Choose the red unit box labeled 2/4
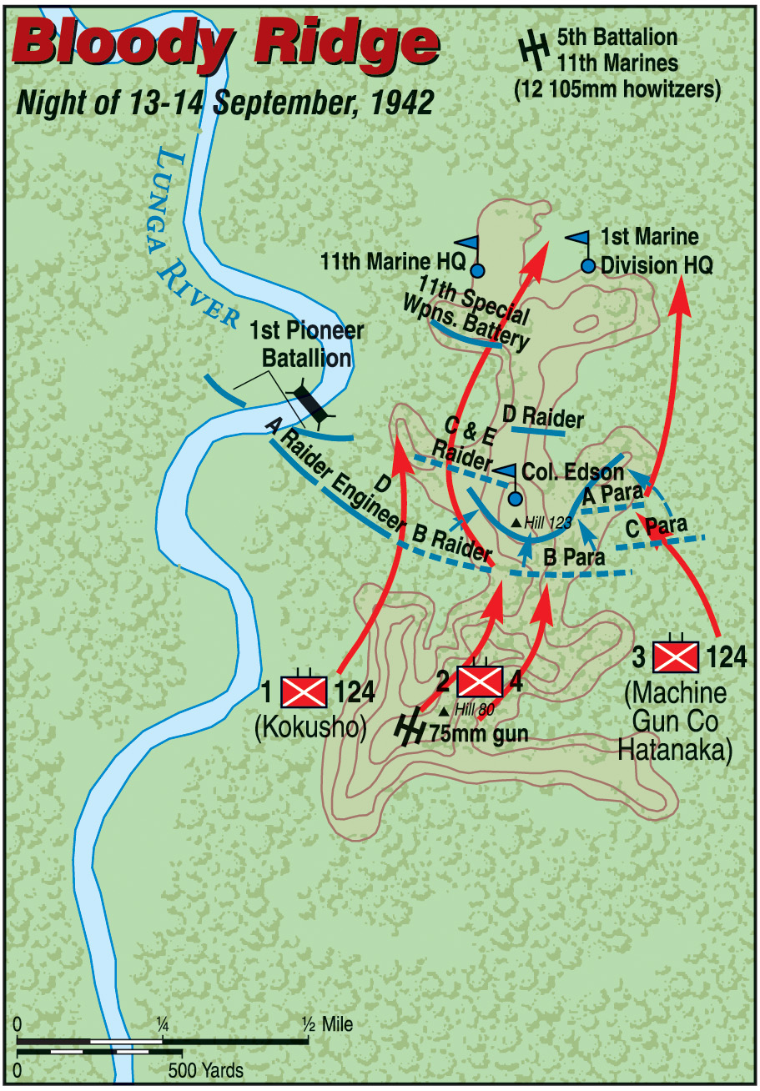[480, 681]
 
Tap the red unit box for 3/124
[676, 656]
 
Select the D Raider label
[543, 416]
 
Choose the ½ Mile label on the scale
[328, 1024]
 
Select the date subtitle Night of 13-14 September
[225, 103]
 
